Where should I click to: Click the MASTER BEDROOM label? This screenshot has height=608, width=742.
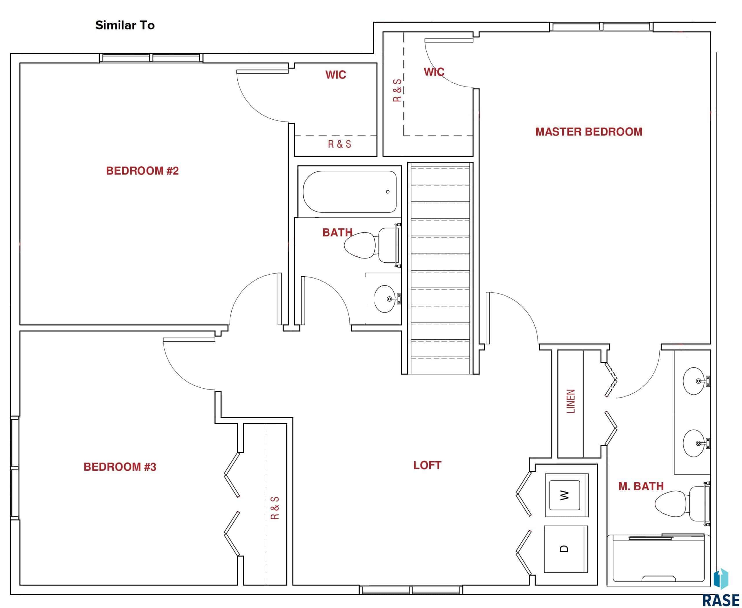(x=589, y=132)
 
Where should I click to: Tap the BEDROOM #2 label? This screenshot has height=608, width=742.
(x=142, y=171)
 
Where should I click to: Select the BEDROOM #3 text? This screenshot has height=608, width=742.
(x=120, y=467)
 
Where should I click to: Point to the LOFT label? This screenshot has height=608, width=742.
(x=427, y=465)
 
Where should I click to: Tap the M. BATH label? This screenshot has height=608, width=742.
(x=641, y=486)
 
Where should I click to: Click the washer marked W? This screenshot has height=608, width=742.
(x=566, y=495)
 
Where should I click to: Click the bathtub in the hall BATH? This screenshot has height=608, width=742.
(x=350, y=192)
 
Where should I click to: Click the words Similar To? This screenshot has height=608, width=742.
(x=125, y=25)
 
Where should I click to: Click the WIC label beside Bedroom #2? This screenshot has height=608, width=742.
(x=335, y=75)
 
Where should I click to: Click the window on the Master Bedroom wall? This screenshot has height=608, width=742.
(x=601, y=27)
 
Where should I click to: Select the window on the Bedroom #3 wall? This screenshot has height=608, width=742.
(x=15, y=468)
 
